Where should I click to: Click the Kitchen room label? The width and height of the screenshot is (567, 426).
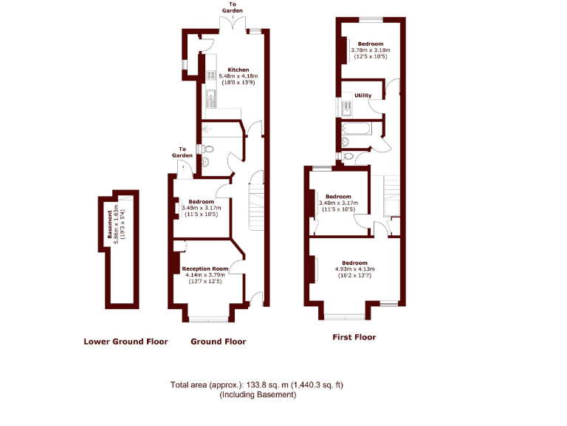point(227,70)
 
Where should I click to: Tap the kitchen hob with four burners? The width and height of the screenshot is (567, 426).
point(210,75)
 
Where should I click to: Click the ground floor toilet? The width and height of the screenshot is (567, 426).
point(207,149)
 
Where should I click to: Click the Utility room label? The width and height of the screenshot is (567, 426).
point(362,95)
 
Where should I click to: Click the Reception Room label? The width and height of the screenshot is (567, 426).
point(203,268)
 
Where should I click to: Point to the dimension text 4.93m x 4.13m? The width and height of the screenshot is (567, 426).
point(354,269)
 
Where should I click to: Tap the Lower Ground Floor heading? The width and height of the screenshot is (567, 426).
point(126,342)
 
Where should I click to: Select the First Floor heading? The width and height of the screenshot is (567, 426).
point(354,337)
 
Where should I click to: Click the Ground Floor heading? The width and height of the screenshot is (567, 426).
point(219,342)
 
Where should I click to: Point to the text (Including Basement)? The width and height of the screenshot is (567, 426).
point(258,395)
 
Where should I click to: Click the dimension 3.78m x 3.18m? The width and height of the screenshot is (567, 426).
point(371,50)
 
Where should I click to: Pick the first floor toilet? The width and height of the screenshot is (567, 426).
point(346,142)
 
